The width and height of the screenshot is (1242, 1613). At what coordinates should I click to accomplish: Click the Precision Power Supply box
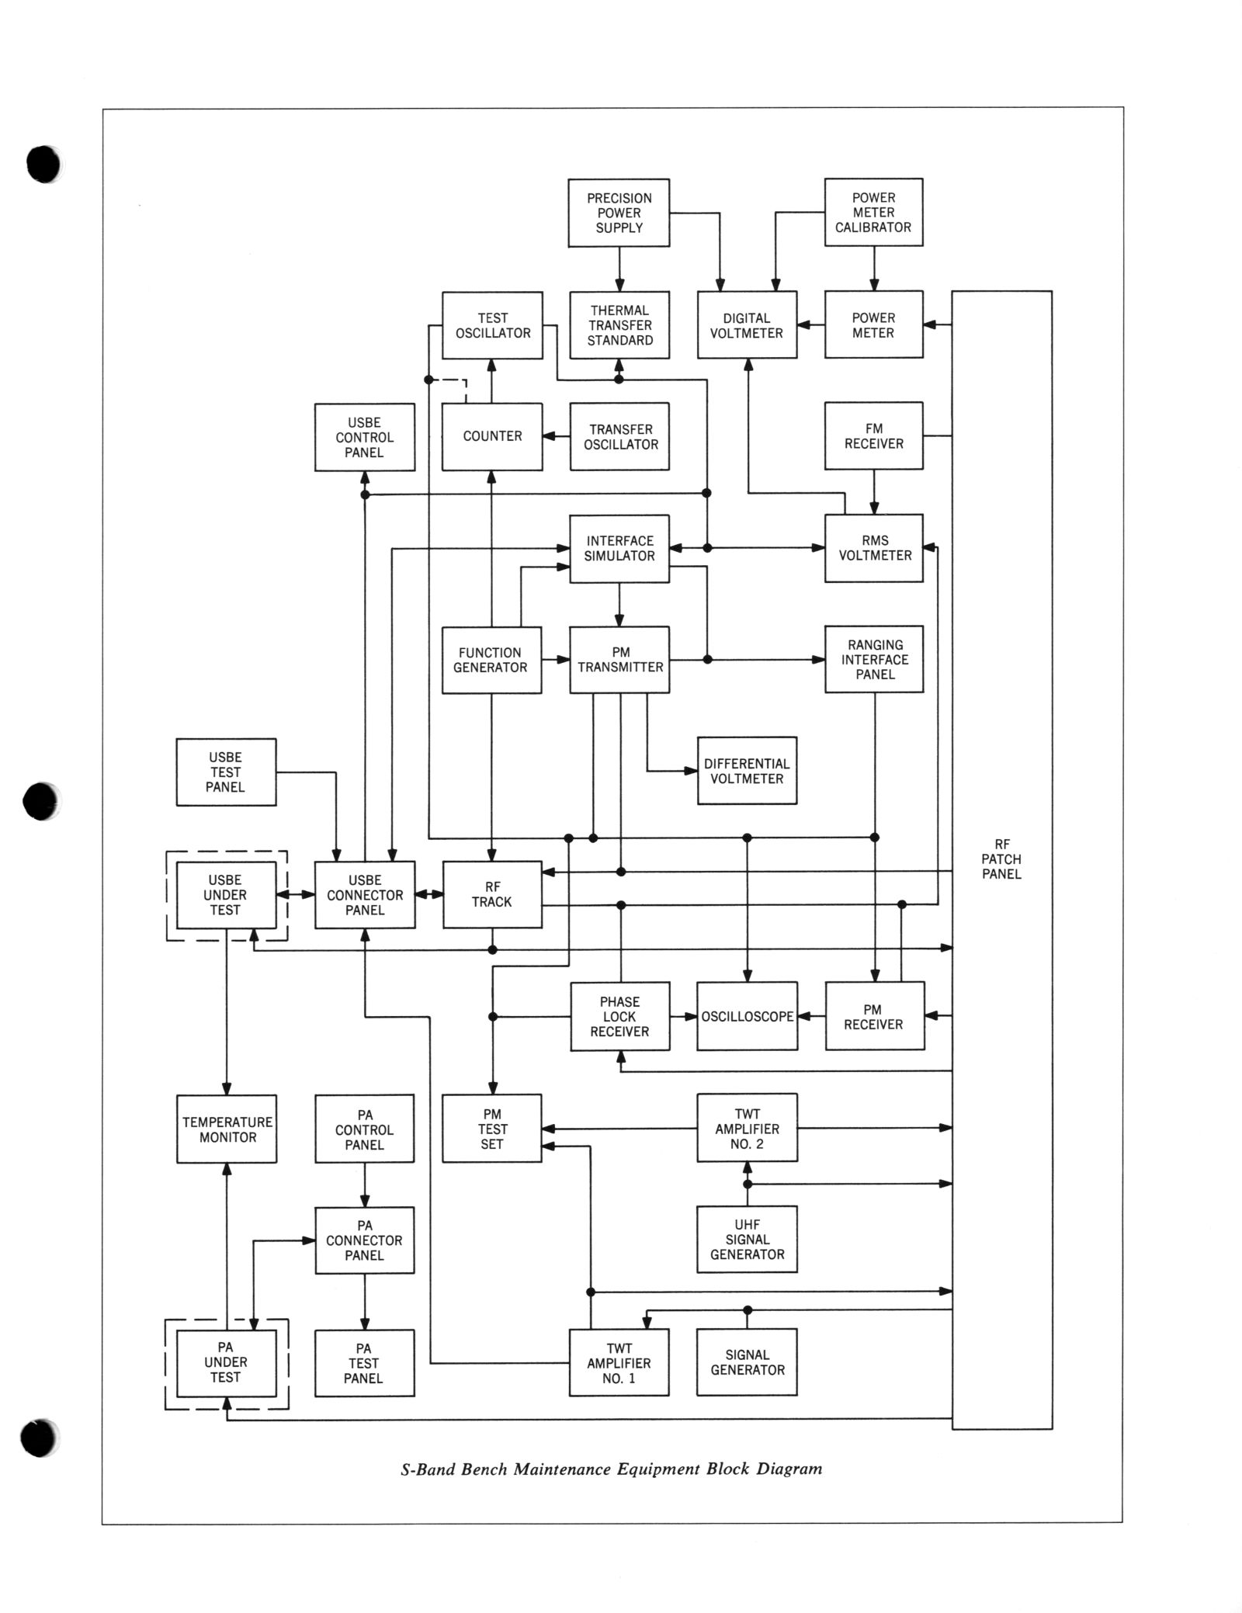(619, 213)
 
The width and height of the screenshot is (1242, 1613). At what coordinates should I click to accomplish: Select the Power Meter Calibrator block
(873, 213)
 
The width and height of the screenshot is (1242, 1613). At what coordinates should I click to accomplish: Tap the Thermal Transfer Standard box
(619, 325)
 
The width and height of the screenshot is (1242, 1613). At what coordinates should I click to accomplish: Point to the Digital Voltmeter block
(747, 325)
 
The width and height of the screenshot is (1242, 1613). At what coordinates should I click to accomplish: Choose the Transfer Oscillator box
(619, 437)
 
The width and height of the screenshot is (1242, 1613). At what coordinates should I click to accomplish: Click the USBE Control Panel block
(364, 438)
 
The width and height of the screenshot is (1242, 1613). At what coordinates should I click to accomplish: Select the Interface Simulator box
(619, 549)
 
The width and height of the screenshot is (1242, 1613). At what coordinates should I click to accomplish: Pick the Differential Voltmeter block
(747, 771)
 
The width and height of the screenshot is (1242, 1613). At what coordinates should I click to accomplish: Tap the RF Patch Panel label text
(1001, 859)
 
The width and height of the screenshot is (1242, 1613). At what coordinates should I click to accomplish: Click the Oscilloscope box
(747, 1017)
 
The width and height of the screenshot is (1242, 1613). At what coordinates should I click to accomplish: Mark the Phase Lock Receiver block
(619, 1017)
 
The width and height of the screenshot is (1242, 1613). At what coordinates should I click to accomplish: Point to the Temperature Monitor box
(227, 1129)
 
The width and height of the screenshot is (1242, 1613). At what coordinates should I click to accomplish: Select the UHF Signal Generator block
(747, 1240)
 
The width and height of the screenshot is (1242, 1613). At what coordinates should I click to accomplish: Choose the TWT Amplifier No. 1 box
(619, 1363)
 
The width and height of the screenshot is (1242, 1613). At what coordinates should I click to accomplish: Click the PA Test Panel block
(364, 1363)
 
